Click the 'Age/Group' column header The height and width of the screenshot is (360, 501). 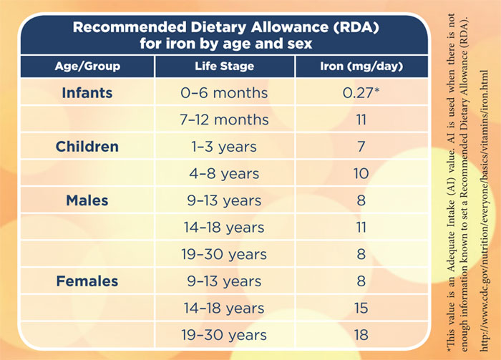[87, 67]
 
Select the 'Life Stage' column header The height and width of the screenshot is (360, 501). [224, 67]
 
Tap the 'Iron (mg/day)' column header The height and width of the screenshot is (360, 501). [361, 67]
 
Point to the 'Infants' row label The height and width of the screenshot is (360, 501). [87, 93]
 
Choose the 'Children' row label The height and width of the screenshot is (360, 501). [87, 147]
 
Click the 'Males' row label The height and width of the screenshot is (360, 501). [87, 201]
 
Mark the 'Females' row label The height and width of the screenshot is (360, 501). [87, 281]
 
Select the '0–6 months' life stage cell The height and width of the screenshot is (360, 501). [224, 93]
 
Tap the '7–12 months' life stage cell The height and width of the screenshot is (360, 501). [224, 120]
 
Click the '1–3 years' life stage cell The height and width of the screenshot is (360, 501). [224, 147]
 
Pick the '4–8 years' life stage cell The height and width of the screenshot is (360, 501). [224, 174]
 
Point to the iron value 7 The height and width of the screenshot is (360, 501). [361, 147]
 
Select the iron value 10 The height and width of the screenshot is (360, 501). [361, 174]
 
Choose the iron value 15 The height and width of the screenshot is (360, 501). [361, 308]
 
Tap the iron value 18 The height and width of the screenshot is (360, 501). [361, 335]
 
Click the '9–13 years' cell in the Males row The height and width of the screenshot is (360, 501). [224, 201]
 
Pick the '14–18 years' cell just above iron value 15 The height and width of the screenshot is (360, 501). [224, 308]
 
